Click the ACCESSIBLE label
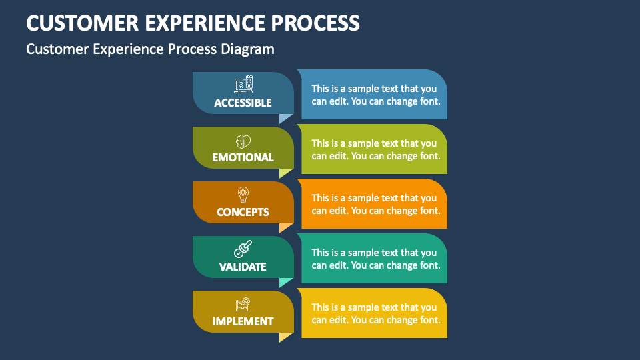coord(243,103)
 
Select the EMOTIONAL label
coord(243,157)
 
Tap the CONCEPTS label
coord(243,212)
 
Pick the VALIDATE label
coord(243,267)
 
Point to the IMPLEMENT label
coord(243,321)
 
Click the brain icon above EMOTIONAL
coord(243,141)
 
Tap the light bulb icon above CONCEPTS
coord(243,195)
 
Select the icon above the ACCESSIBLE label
coord(243,85)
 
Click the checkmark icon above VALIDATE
coord(243,249)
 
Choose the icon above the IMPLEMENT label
coord(243,305)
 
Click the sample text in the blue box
coord(374,95)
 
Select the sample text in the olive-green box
coord(374,149)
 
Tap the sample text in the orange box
coord(374,204)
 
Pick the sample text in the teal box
coord(374,259)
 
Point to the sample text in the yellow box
coord(374,313)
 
